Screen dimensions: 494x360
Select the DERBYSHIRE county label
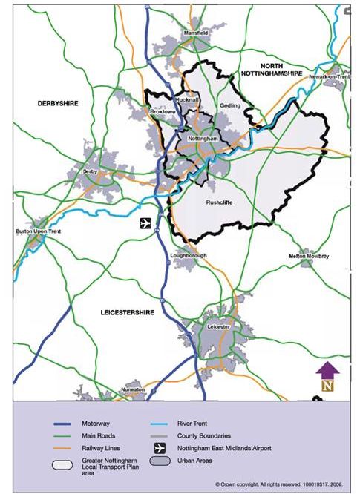[58, 103]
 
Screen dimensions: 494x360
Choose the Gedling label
[231, 106]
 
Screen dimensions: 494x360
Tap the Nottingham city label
[202, 139]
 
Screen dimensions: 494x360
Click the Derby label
[90, 171]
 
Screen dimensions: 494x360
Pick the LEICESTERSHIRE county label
[127, 313]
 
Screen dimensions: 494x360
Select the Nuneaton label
[134, 389]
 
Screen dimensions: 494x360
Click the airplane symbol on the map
[145, 223]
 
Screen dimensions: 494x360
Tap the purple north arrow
[327, 369]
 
